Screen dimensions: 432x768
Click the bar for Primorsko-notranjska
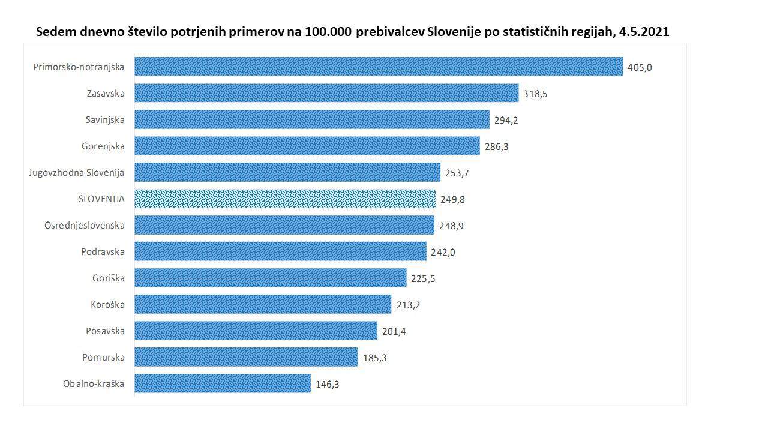pos(378,67)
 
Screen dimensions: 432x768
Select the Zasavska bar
pos(326,93)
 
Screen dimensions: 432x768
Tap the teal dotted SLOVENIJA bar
pos(285,199)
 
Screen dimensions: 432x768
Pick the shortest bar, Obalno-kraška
pos(223,383)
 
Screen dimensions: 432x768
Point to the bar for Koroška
pos(263,304)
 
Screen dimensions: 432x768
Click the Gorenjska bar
pos(307,146)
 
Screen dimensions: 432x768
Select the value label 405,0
pos(640,67)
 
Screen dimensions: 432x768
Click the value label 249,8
pos(452,199)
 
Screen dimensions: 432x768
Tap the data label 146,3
pos(328,384)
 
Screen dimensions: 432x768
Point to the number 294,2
pos(506,120)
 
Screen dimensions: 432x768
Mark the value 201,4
pos(394,331)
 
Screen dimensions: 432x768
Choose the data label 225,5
pos(423,278)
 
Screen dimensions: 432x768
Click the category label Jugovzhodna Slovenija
pos(77,172)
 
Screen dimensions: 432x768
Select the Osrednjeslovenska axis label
pos(85,225)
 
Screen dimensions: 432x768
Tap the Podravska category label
pos(103,251)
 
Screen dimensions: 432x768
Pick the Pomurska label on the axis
pos(104,357)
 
